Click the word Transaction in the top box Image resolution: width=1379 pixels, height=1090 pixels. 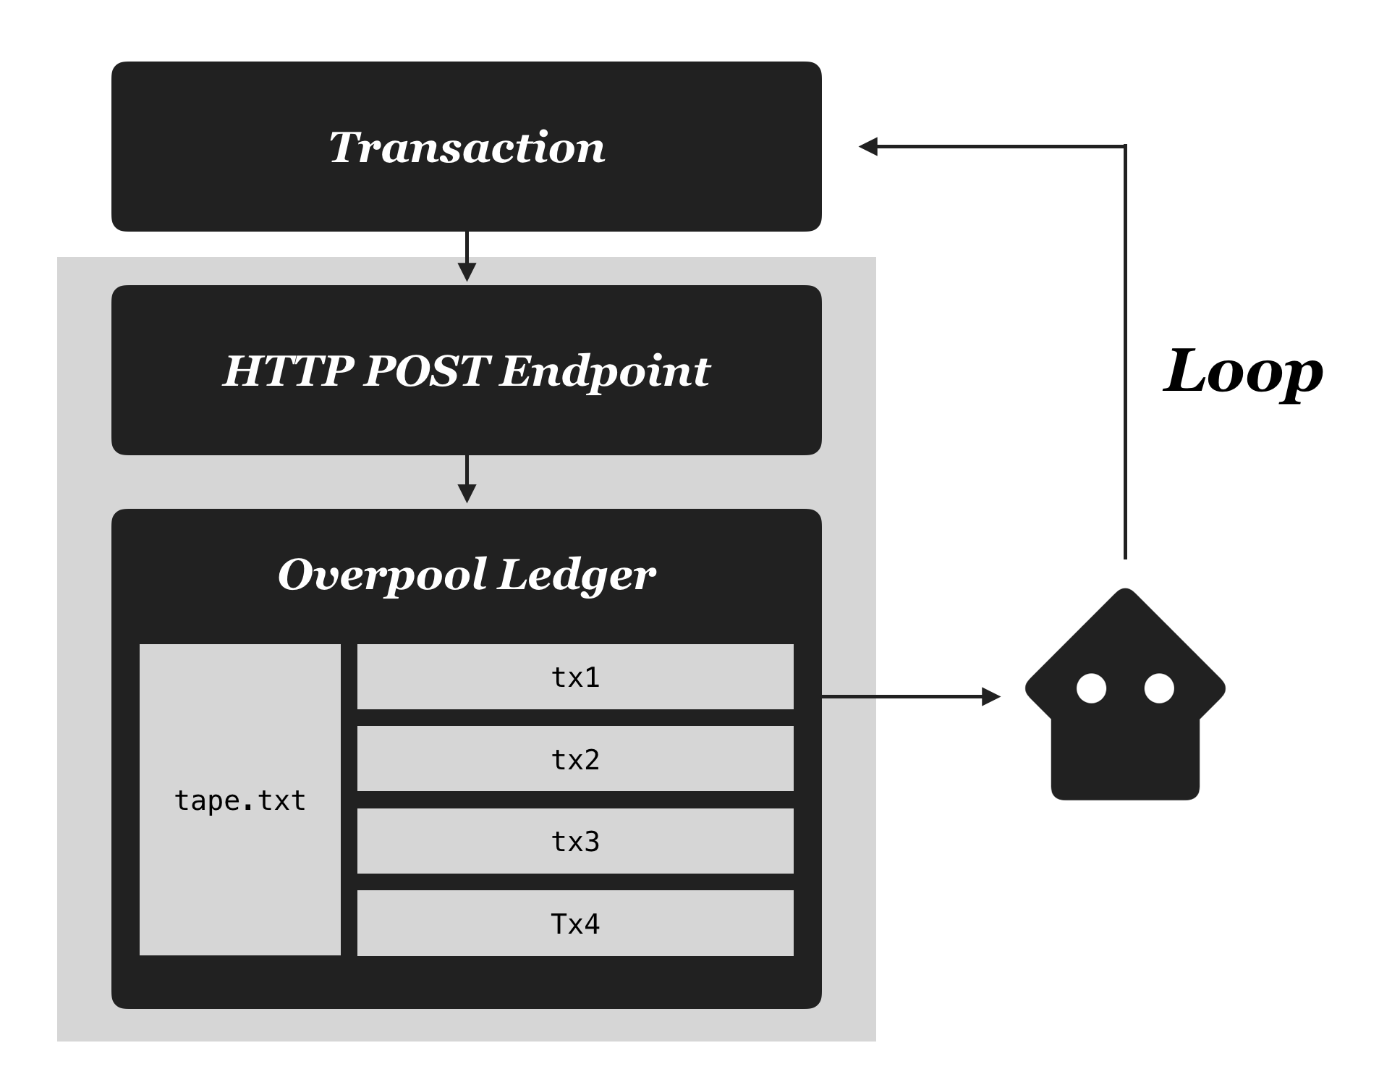467,148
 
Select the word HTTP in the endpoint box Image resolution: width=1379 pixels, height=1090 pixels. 287,371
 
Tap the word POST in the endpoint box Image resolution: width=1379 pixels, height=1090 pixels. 425,371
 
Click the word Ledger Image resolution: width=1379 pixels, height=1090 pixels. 577,575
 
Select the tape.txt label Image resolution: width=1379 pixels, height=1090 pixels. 240,800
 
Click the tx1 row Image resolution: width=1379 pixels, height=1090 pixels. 575,677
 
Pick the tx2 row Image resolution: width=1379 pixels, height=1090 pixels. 575,759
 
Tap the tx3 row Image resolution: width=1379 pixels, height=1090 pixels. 575,841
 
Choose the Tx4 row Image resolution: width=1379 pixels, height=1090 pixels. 575,924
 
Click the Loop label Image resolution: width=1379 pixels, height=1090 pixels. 1242,372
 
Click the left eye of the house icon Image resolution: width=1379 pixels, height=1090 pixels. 1091,688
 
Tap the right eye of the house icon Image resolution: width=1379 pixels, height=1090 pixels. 1159,688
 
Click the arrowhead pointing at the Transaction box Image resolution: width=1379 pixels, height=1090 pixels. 867,147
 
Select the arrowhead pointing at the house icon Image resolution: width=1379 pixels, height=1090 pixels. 991,697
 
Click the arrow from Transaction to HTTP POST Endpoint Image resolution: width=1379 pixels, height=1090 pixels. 467,256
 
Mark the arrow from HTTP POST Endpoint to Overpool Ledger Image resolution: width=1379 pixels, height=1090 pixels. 467,479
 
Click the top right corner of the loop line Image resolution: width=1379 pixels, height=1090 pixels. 1125,147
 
